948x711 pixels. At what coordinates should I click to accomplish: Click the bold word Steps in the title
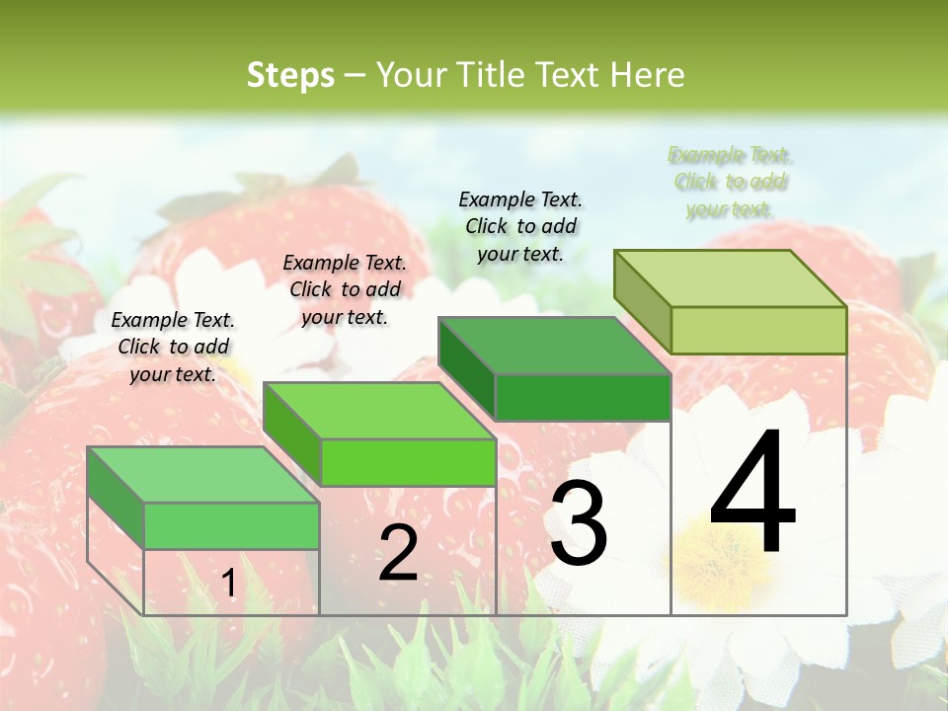click(x=290, y=75)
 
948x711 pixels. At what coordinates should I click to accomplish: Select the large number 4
click(x=752, y=493)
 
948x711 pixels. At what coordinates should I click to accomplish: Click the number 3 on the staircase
click(x=579, y=524)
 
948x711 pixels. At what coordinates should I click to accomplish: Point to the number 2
click(x=398, y=553)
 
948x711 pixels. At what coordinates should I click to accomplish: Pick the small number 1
click(x=228, y=584)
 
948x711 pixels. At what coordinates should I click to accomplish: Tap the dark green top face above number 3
click(x=554, y=346)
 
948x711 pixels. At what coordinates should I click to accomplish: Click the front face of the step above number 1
click(x=231, y=525)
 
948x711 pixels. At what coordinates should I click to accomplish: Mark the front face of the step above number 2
click(x=408, y=462)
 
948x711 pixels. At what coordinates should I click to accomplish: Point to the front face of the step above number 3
click(x=583, y=397)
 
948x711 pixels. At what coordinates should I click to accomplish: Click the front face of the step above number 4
click(x=758, y=330)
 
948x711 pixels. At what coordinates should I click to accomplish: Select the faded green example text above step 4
click(x=730, y=182)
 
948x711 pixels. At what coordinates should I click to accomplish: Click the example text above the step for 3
click(x=520, y=226)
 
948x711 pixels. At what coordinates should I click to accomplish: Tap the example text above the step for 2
click(x=345, y=289)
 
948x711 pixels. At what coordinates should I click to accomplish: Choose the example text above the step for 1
click(x=173, y=347)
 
